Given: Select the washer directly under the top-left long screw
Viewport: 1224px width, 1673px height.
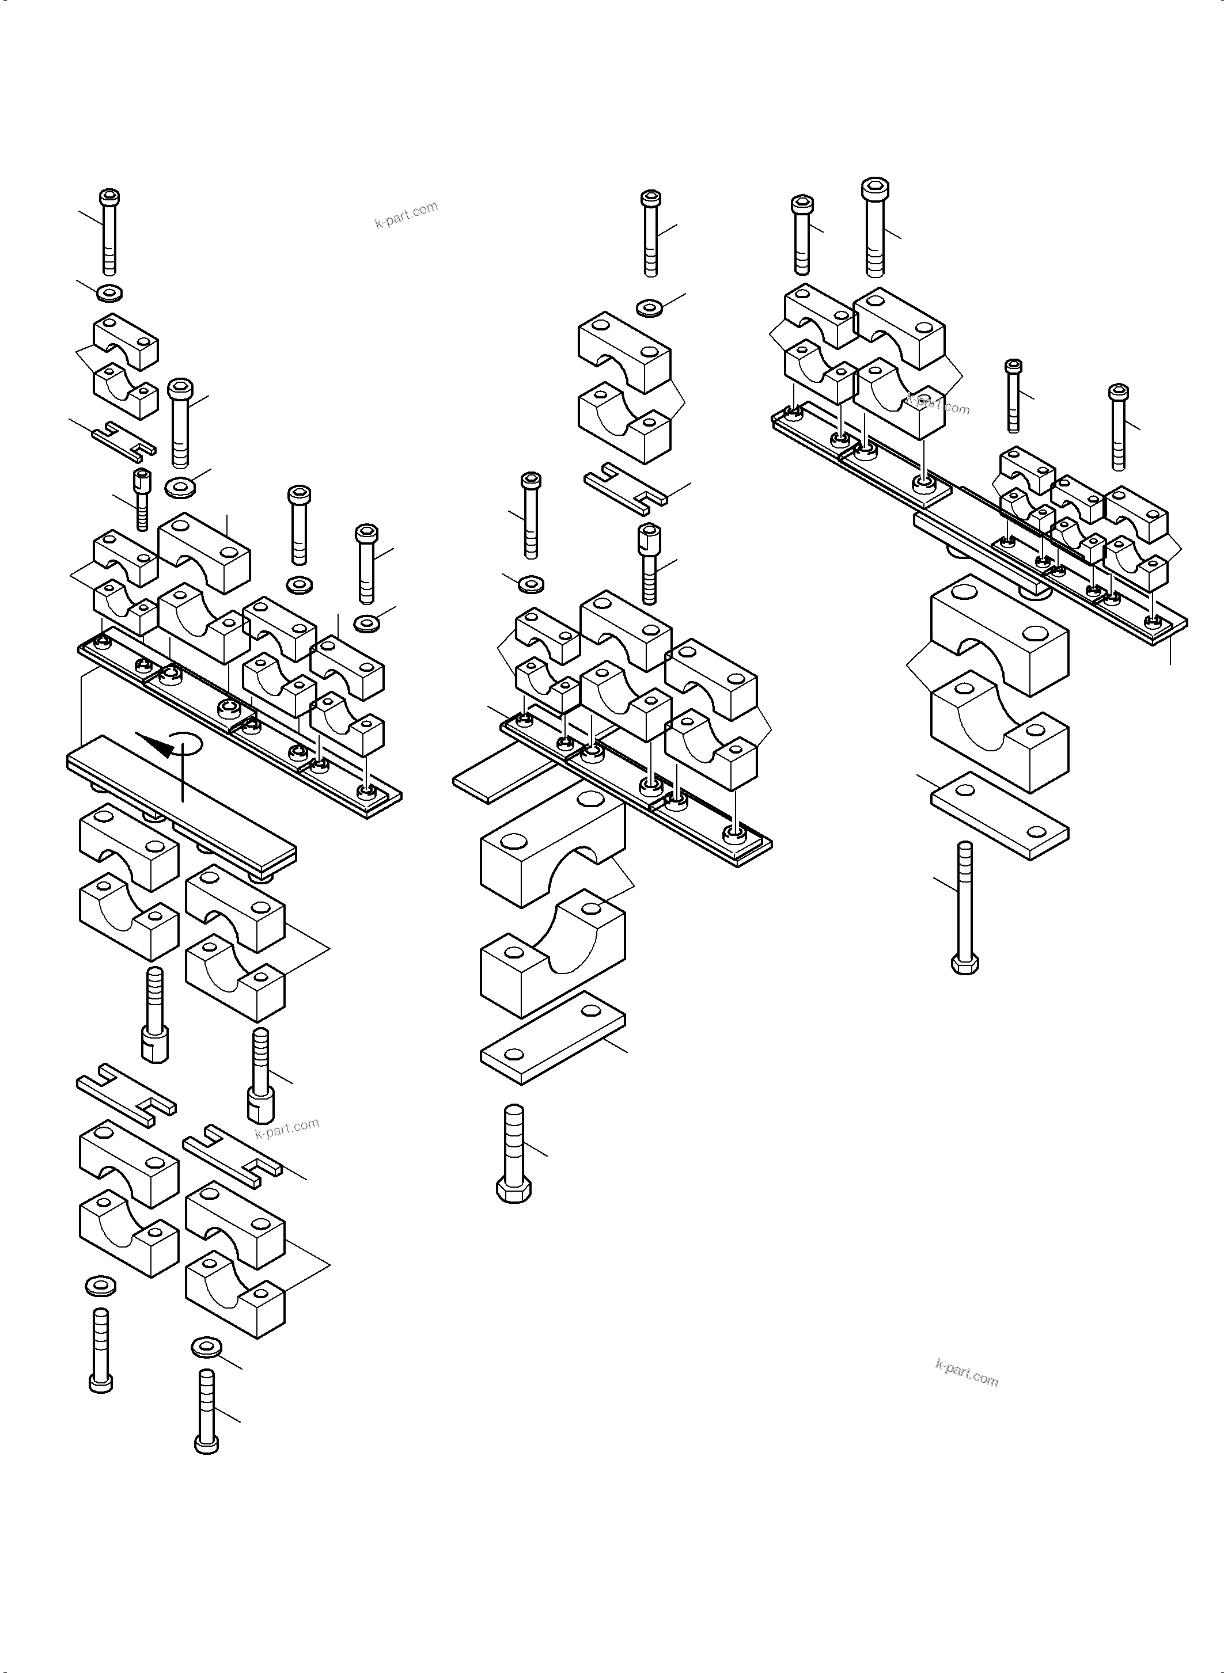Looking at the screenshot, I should coord(109,293).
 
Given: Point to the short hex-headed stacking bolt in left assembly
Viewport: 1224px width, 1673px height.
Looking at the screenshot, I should coord(142,499).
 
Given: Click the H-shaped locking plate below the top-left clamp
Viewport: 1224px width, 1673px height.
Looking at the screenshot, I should coord(124,439).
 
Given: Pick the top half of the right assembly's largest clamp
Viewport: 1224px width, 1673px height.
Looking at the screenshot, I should coord(999,634).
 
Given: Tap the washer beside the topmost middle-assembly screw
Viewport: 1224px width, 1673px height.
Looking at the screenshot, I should coord(650,307).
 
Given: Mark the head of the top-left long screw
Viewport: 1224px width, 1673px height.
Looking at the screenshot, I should coord(109,197).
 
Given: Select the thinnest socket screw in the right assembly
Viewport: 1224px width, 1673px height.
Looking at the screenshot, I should coord(1013,396).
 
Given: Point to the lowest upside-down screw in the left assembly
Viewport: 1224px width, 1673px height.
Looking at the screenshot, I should coord(206,1411).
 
